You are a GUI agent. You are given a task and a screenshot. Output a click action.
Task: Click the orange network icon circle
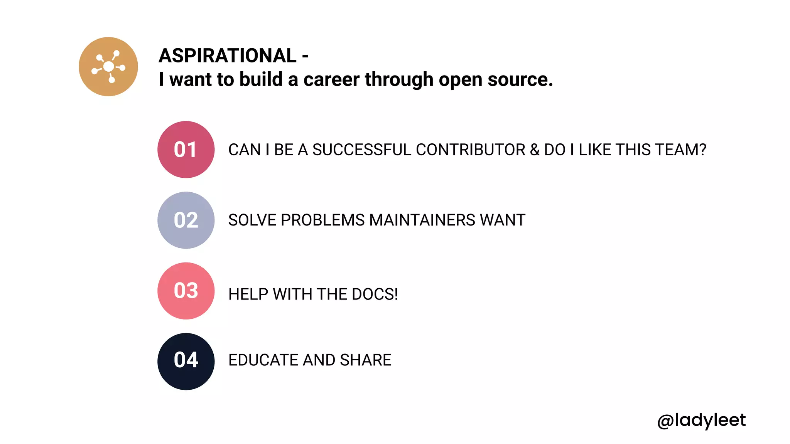[108, 67]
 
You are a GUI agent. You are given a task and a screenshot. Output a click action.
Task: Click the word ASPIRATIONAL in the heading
[228, 55]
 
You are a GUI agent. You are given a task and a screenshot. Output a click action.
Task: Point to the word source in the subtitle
[520, 79]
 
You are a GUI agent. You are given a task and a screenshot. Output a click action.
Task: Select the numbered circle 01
[186, 150]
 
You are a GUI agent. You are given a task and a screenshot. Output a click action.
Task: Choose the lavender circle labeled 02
[186, 220]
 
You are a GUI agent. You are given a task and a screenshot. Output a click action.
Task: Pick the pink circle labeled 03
[186, 291]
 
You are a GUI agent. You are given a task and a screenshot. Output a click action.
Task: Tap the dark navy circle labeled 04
[186, 362]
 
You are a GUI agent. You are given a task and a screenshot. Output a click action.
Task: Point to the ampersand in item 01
[535, 150]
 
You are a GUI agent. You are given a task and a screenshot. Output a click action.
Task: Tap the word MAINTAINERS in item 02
[422, 220]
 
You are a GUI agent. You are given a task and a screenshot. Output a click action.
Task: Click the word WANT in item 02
[503, 220]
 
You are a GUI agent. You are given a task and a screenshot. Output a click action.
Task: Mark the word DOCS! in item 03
[375, 294]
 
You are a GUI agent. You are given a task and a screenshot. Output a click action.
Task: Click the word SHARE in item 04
[366, 360]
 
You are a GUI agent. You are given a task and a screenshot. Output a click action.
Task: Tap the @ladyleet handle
[701, 420]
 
